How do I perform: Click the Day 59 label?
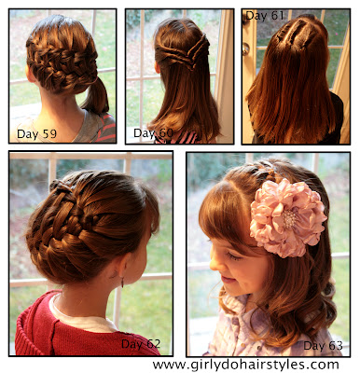(36, 134)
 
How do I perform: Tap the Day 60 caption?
(153, 133)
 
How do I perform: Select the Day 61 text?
(265, 16)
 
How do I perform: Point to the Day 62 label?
(141, 344)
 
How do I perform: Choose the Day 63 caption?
(323, 345)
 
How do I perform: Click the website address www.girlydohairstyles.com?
(245, 364)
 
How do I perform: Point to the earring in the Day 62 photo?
(122, 283)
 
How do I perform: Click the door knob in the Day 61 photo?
(246, 48)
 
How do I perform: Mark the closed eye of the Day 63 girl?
(233, 256)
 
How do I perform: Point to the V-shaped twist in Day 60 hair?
(184, 53)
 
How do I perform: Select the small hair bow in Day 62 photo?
(60, 186)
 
